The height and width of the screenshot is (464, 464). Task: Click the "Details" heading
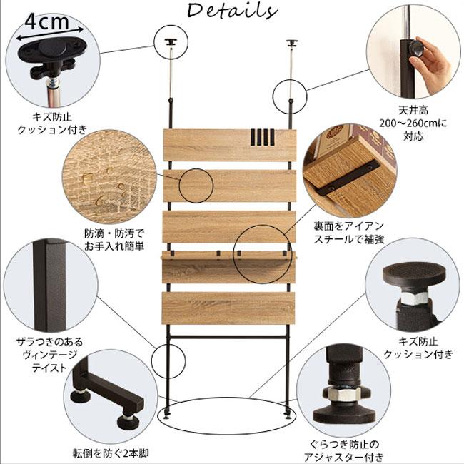[x=232, y=11]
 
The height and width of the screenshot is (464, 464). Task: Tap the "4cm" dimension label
[x=47, y=21]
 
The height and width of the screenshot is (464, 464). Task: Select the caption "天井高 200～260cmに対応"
[x=413, y=123]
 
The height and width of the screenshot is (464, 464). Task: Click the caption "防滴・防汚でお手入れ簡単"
[x=114, y=240]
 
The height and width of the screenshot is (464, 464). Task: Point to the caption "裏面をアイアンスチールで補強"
[x=349, y=233]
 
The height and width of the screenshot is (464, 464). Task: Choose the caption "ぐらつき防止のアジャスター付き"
[x=344, y=450]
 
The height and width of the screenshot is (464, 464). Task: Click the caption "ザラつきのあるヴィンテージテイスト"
[x=49, y=355]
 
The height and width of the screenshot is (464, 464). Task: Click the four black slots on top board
[x=263, y=137]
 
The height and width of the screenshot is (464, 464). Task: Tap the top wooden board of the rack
[x=230, y=145]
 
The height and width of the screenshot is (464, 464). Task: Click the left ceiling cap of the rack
[x=171, y=42]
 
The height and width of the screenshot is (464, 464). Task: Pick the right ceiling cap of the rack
[x=292, y=44]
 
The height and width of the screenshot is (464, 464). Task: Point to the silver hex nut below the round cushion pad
[x=413, y=297]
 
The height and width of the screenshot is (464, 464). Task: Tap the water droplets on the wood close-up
[x=104, y=183]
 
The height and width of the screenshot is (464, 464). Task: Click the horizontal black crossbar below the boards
[x=228, y=336]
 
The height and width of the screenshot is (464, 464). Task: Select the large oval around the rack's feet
[x=227, y=415]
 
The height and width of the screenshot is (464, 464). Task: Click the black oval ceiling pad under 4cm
[x=53, y=49]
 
